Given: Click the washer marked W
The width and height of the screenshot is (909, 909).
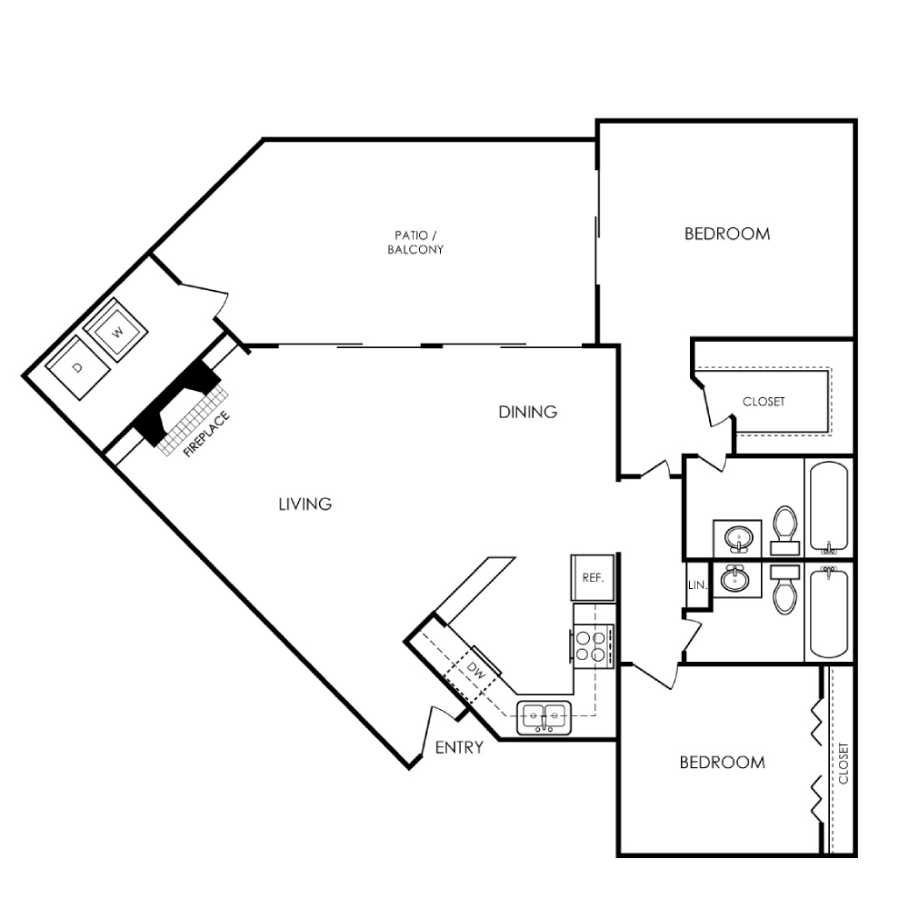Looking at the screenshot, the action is (x=116, y=330).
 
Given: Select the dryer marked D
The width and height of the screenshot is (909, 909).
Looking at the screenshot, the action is (x=77, y=368).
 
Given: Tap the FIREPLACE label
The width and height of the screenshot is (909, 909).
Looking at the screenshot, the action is (x=206, y=435).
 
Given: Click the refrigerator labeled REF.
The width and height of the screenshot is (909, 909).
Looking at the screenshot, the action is (x=593, y=577).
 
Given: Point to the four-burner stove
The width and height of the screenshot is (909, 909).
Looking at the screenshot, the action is (x=592, y=645).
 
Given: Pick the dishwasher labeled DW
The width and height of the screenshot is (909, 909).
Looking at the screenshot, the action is (x=474, y=672).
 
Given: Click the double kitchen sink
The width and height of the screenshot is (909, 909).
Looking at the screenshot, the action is (x=544, y=717).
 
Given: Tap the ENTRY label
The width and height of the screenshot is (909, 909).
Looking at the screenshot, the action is (x=459, y=747).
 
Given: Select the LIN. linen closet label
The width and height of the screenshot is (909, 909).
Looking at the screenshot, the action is (x=697, y=584).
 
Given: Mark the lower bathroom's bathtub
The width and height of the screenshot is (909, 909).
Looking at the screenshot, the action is (x=829, y=612).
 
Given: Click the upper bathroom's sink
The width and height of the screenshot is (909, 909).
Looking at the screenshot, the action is (x=738, y=538).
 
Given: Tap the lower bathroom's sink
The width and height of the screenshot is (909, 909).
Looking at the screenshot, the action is (x=735, y=579).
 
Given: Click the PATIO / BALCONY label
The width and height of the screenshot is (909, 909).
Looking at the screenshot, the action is (x=415, y=243).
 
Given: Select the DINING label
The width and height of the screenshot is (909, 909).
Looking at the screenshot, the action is (x=528, y=412).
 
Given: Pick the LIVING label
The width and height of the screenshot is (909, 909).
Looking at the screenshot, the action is (x=305, y=504).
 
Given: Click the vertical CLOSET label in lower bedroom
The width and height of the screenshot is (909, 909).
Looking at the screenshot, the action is (x=844, y=764).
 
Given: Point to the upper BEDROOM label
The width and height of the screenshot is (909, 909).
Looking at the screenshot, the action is (x=727, y=234).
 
